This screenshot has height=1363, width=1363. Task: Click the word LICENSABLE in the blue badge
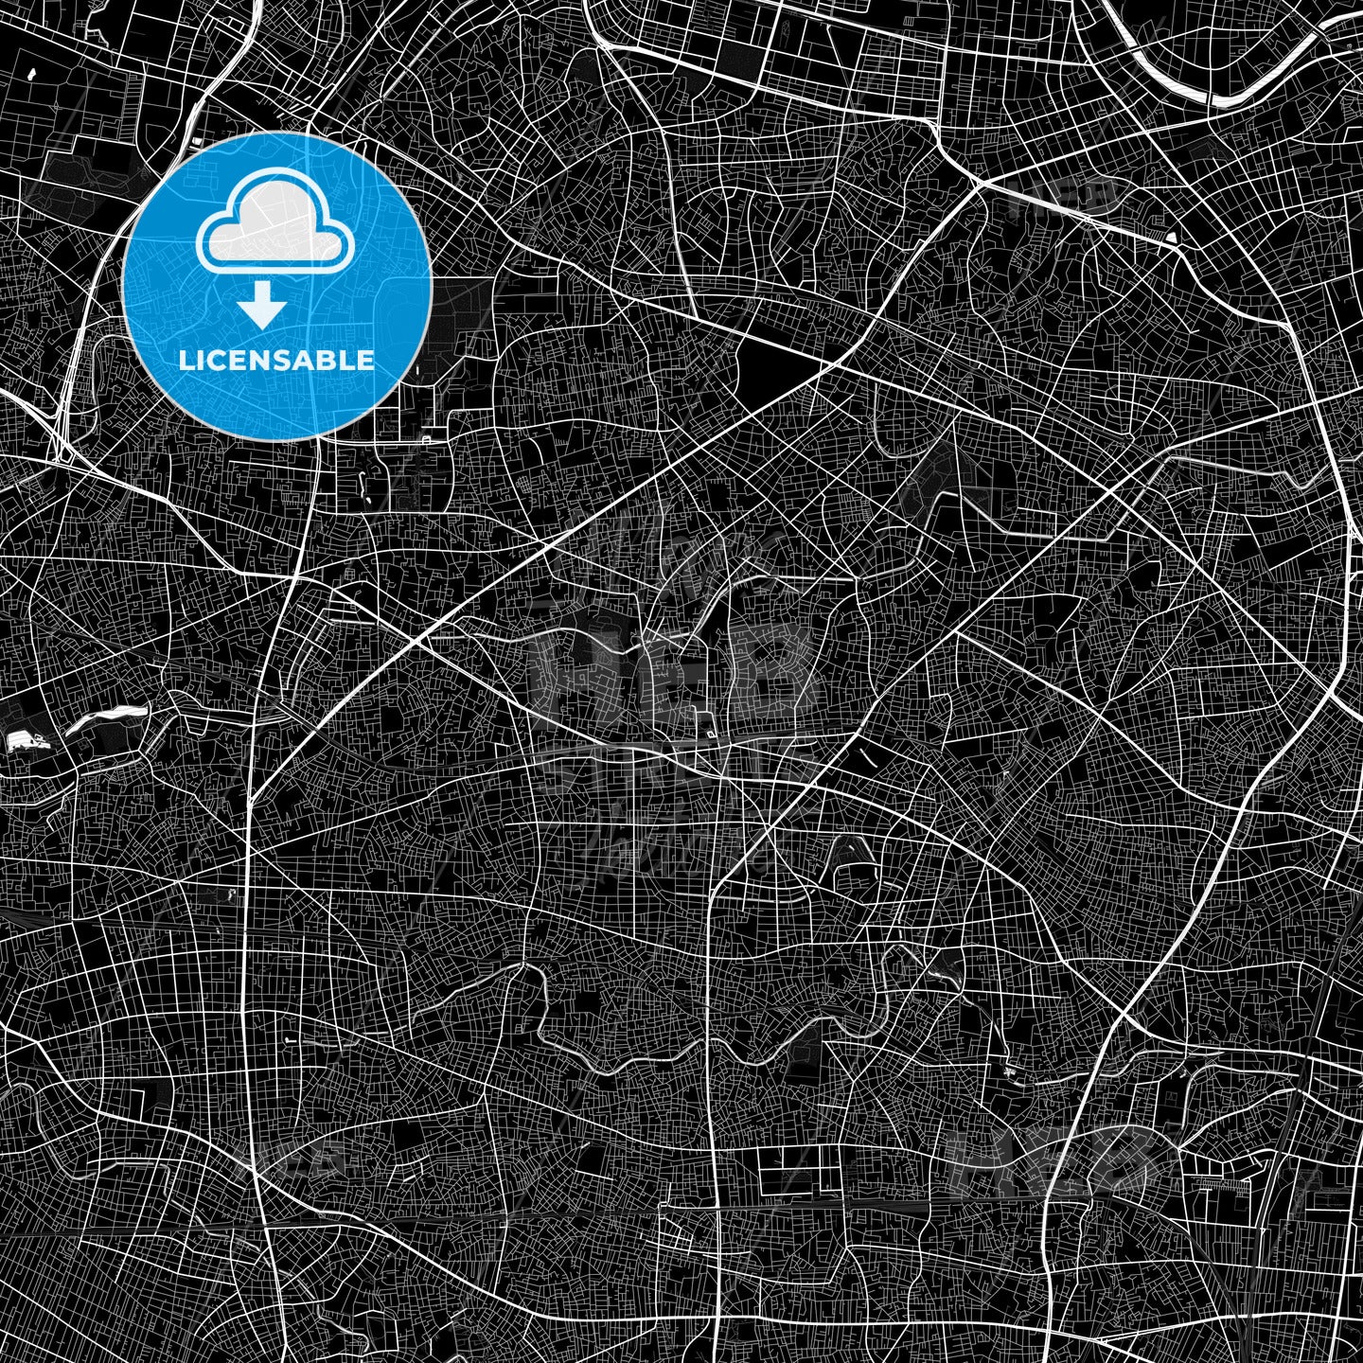pos(276,361)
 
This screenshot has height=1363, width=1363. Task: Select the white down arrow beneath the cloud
pos(262,306)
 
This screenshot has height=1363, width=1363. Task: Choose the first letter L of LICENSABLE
pos(186,361)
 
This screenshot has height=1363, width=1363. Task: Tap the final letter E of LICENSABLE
pos(365,361)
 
